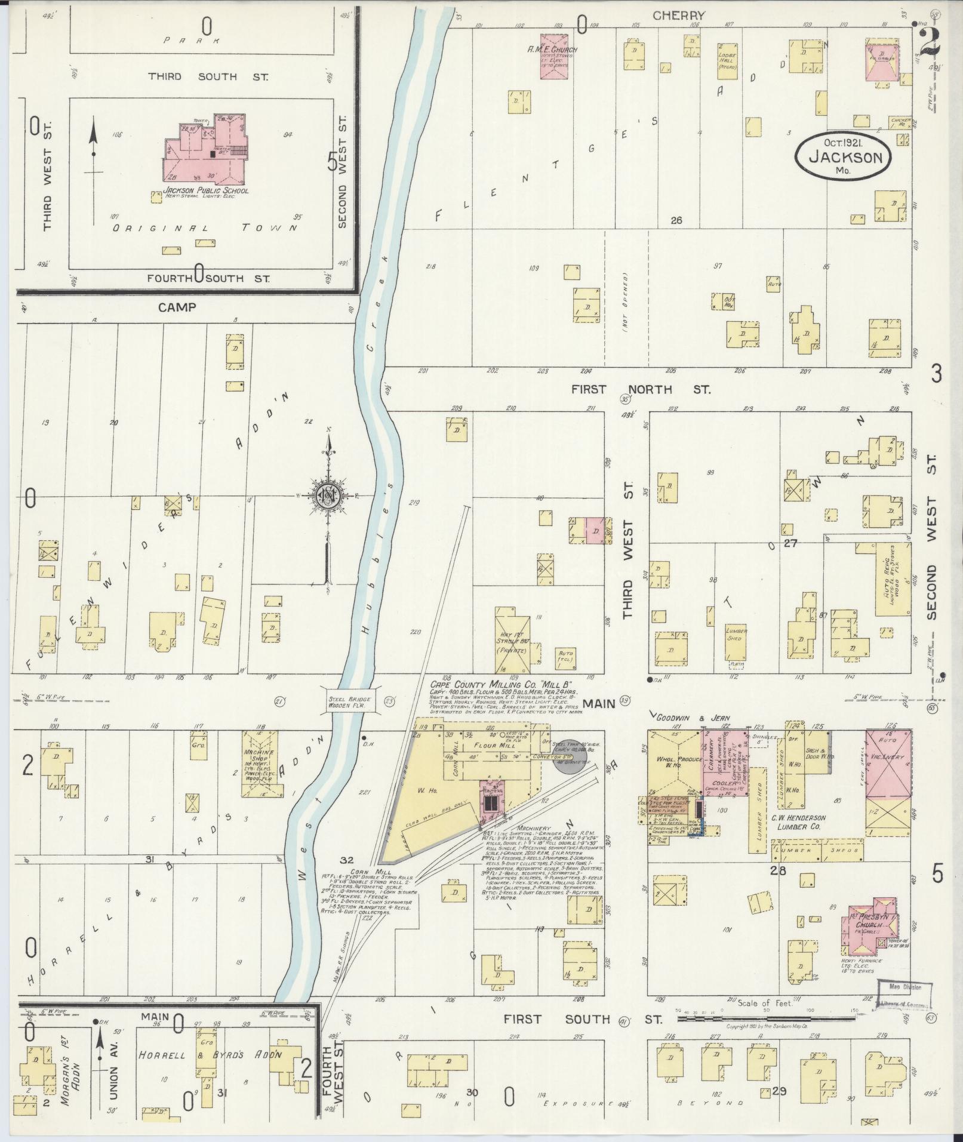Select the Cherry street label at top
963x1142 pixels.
coord(679,16)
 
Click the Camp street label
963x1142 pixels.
coord(177,307)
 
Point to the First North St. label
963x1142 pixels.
coord(641,389)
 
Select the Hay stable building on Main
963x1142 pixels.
coord(512,641)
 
